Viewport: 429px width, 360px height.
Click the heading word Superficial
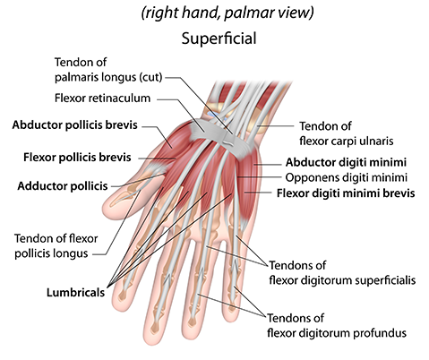click(219, 39)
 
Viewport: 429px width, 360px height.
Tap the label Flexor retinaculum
click(102, 98)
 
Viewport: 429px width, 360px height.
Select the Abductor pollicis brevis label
click(74, 124)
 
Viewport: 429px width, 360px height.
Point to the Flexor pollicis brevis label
click(77, 157)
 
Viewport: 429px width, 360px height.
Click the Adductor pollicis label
click(63, 186)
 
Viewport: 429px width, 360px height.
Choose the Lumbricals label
click(75, 293)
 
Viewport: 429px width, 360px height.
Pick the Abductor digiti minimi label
click(346, 162)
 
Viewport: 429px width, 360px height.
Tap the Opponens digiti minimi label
click(347, 177)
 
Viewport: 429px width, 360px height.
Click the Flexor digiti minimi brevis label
click(346, 193)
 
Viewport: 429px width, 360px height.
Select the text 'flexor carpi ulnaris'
click(347, 141)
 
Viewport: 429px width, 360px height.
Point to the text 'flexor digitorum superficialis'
click(342, 280)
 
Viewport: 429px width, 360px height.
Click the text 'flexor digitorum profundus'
click(337, 333)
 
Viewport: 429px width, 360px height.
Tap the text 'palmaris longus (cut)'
click(108, 77)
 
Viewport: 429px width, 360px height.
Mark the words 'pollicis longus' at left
click(51, 253)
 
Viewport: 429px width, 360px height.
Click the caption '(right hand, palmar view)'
click(227, 13)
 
